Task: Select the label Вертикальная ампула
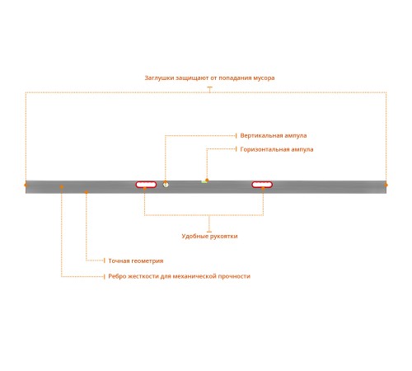pyautogui.click(x=274, y=135)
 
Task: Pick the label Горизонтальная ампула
pyautogui.click(x=277, y=149)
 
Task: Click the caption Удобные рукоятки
pyautogui.click(x=209, y=236)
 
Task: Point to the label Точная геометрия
pyautogui.click(x=136, y=261)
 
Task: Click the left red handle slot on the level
pyautogui.click(x=146, y=185)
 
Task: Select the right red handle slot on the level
pyautogui.click(x=262, y=185)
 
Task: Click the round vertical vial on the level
pyautogui.click(x=166, y=185)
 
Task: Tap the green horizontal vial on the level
pyautogui.click(x=204, y=182)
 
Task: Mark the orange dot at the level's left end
pyautogui.click(x=26, y=185)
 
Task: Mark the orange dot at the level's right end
pyautogui.click(x=386, y=185)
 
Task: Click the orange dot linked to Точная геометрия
pyautogui.click(x=87, y=192)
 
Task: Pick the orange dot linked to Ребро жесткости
pyautogui.click(x=62, y=187)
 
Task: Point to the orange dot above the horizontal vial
pyautogui.click(x=207, y=180)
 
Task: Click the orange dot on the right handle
pyautogui.click(x=263, y=188)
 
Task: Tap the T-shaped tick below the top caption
pyautogui.click(x=210, y=90)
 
